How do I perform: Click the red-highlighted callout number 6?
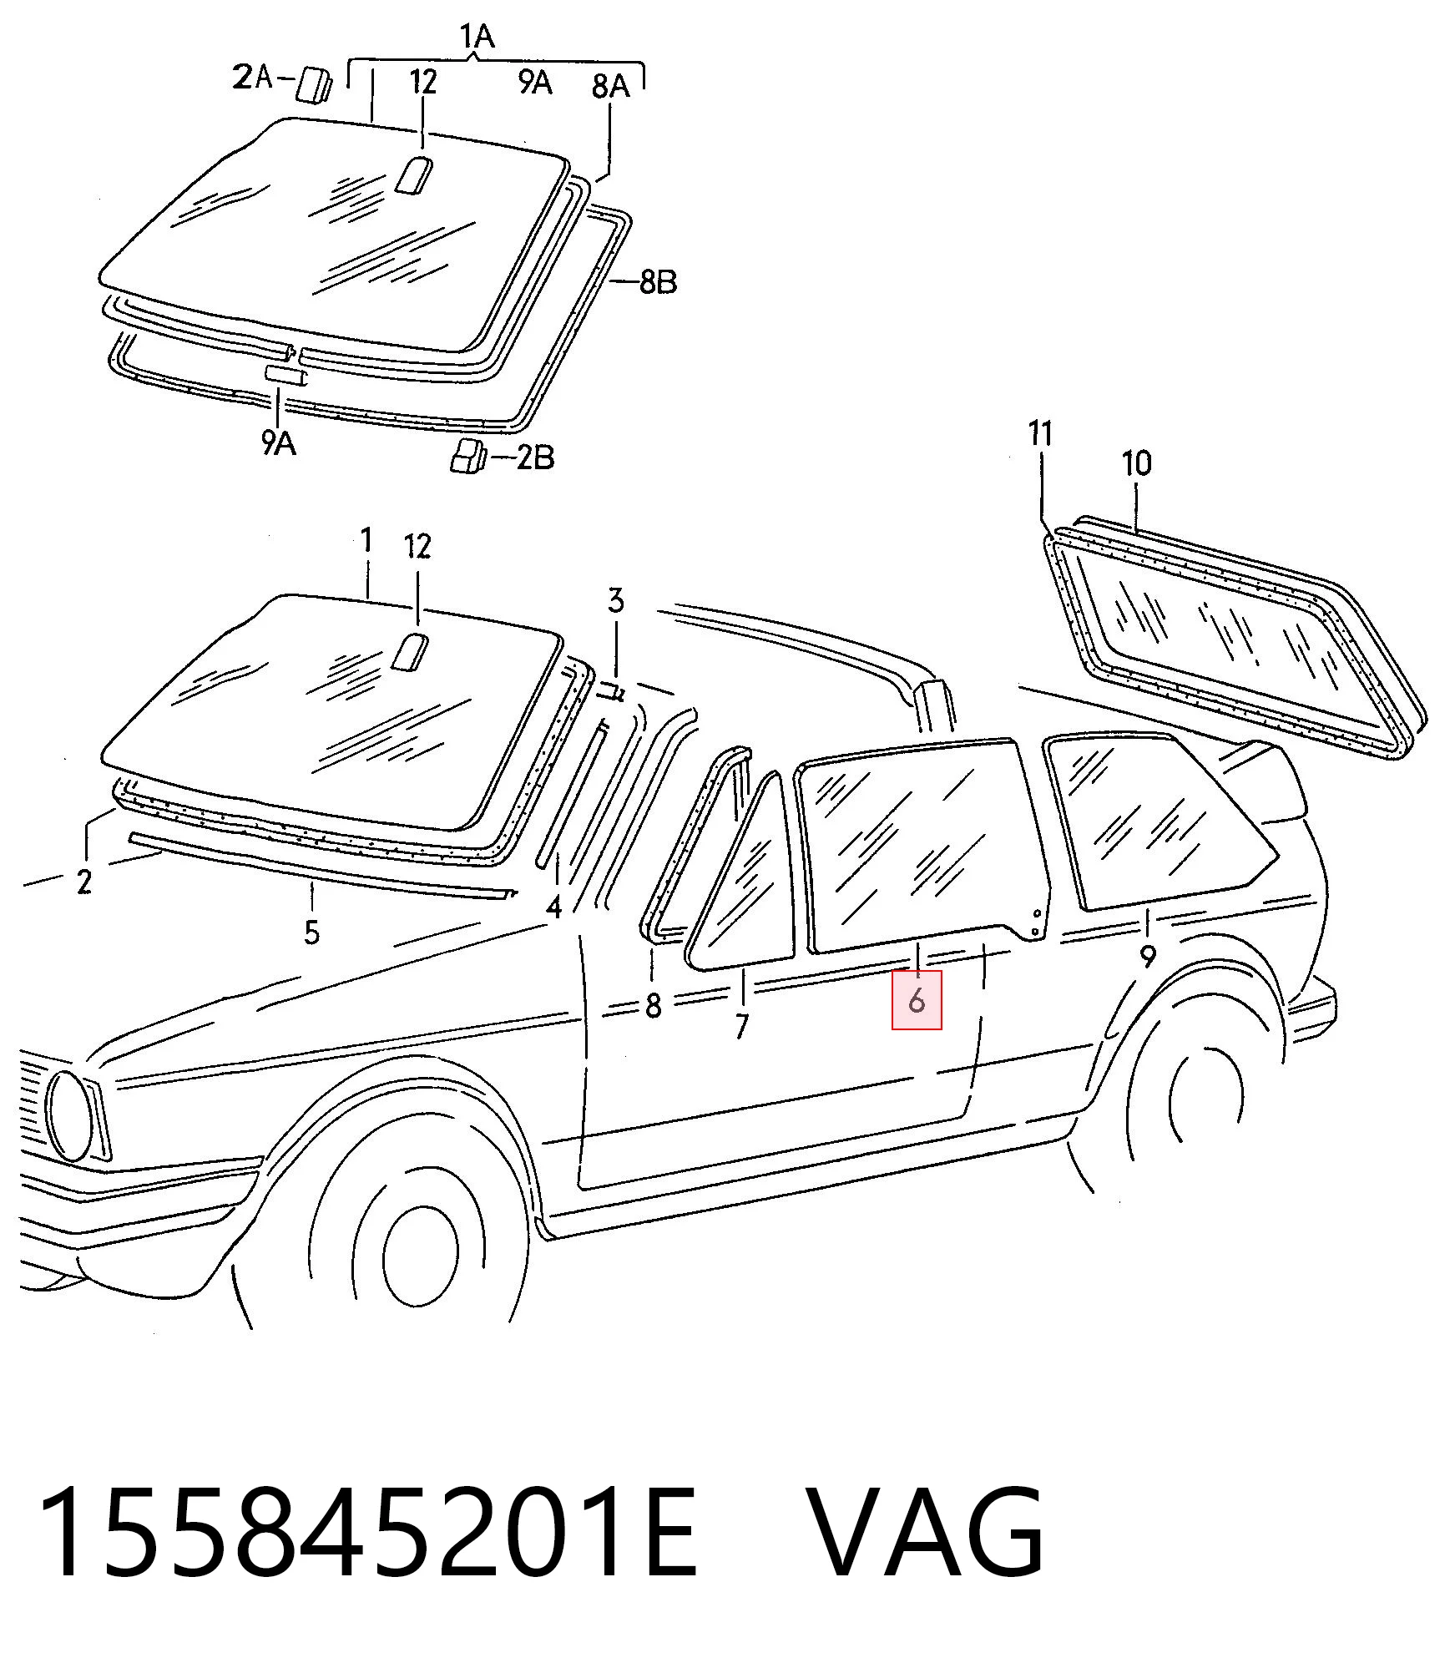click(x=917, y=999)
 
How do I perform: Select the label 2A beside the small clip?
click(x=253, y=78)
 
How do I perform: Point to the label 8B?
click(x=658, y=283)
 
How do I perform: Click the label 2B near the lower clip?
click(x=535, y=457)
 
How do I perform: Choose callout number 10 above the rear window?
click(x=1137, y=463)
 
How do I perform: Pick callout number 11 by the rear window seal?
click(x=1040, y=434)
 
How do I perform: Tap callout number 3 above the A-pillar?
click(x=615, y=600)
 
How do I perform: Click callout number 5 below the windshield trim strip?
click(x=311, y=932)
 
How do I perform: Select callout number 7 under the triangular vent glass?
click(x=741, y=1025)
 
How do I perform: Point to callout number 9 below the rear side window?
click(x=1148, y=956)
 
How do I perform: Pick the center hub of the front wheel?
click(x=422, y=1257)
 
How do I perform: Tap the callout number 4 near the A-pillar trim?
click(x=553, y=907)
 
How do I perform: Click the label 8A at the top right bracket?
click(x=610, y=86)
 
